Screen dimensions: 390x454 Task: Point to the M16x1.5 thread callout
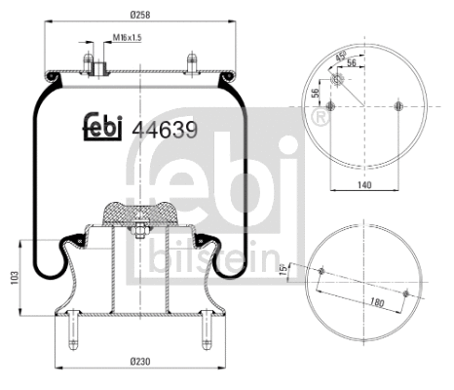coord(127,38)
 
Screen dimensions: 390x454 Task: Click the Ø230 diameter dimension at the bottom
coord(140,362)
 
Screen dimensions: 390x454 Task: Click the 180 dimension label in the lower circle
coord(375,303)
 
